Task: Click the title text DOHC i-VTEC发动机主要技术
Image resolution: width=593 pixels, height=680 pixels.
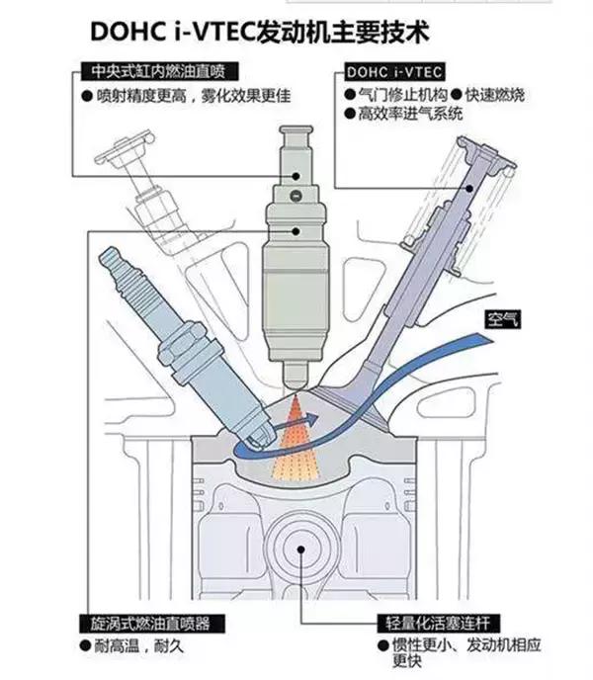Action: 260,32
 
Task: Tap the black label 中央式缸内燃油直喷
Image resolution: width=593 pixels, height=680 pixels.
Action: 160,71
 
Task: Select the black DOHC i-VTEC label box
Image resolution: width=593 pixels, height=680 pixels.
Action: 394,72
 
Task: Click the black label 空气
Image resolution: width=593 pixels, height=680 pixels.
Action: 502,319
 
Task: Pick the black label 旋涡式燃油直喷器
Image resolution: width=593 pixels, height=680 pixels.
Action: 152,624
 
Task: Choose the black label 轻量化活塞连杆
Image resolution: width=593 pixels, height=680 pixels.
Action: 439,624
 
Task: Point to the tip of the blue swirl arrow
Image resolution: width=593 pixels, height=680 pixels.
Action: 318,418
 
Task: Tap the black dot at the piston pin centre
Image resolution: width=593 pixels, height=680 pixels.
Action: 300,550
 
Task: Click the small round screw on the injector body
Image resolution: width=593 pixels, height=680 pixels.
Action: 296,196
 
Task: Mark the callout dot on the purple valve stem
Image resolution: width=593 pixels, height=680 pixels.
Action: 469,188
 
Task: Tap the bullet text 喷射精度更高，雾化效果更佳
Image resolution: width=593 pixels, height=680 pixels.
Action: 186,96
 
